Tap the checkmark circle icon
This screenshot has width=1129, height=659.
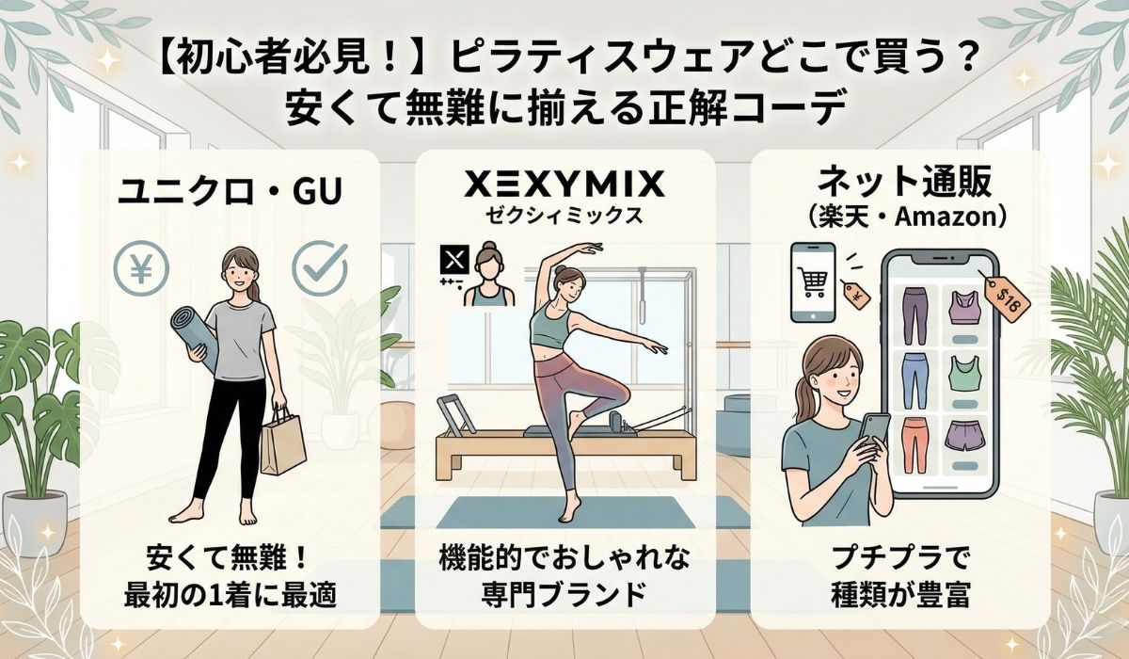(320, 267)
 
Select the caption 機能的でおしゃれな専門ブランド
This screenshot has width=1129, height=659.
(564, 576)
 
